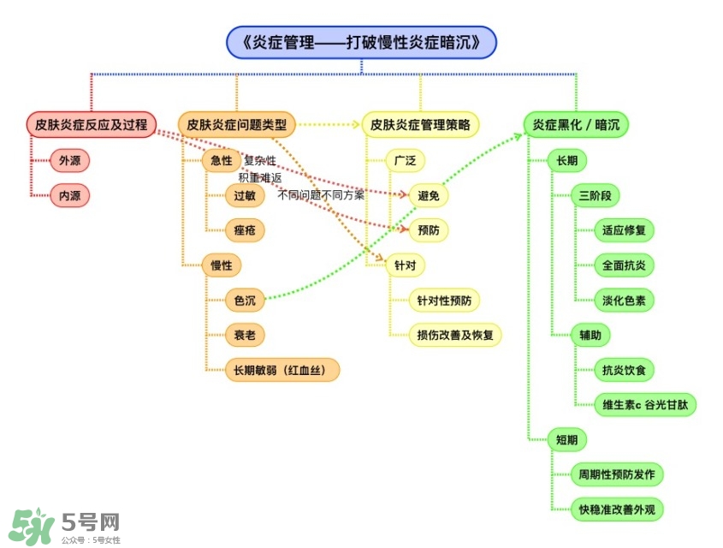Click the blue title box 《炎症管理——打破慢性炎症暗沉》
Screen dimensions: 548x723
[x=361, y=42]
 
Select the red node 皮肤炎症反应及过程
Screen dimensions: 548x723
[x=91, y=125]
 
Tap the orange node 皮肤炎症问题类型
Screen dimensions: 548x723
[x=237, y=125]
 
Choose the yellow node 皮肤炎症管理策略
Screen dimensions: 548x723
[x=420, y=125]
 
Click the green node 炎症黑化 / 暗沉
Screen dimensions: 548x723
[x=576, y=125]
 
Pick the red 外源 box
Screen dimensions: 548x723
[x=69, y=160]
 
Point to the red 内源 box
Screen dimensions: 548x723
[x=69, y=195]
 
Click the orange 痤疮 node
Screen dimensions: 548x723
[x=244, y=230]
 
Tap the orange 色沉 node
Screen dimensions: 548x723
[x=244, y=300]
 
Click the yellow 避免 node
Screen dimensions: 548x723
[x=428, y=195]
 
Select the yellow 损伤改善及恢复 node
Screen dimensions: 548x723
[x=459, y=335]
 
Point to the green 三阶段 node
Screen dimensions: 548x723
[x=595, y=195]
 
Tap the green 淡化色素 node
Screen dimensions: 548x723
[x=624, y=300]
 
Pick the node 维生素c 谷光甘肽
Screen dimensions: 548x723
[x=645, y=405]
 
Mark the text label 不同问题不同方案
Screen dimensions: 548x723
[x=321, y=195]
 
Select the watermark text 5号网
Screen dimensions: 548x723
[x=91, y=521]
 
